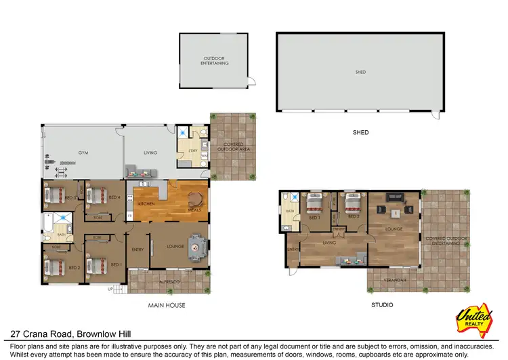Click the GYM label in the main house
pyautogui.click(x=84, y=153)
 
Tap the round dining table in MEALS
pyautogui.click(x=194, y=199)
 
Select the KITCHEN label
pyautogui.click(x=147, y=203)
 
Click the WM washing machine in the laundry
pyautogui.click(x=204, y=157)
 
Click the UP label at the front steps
pyautogui.click(x=110, y=289)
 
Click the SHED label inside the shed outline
pyautogui.click(x=360, y=72)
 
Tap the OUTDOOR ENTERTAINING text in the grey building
pyautogui.click(x=216, y=61)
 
